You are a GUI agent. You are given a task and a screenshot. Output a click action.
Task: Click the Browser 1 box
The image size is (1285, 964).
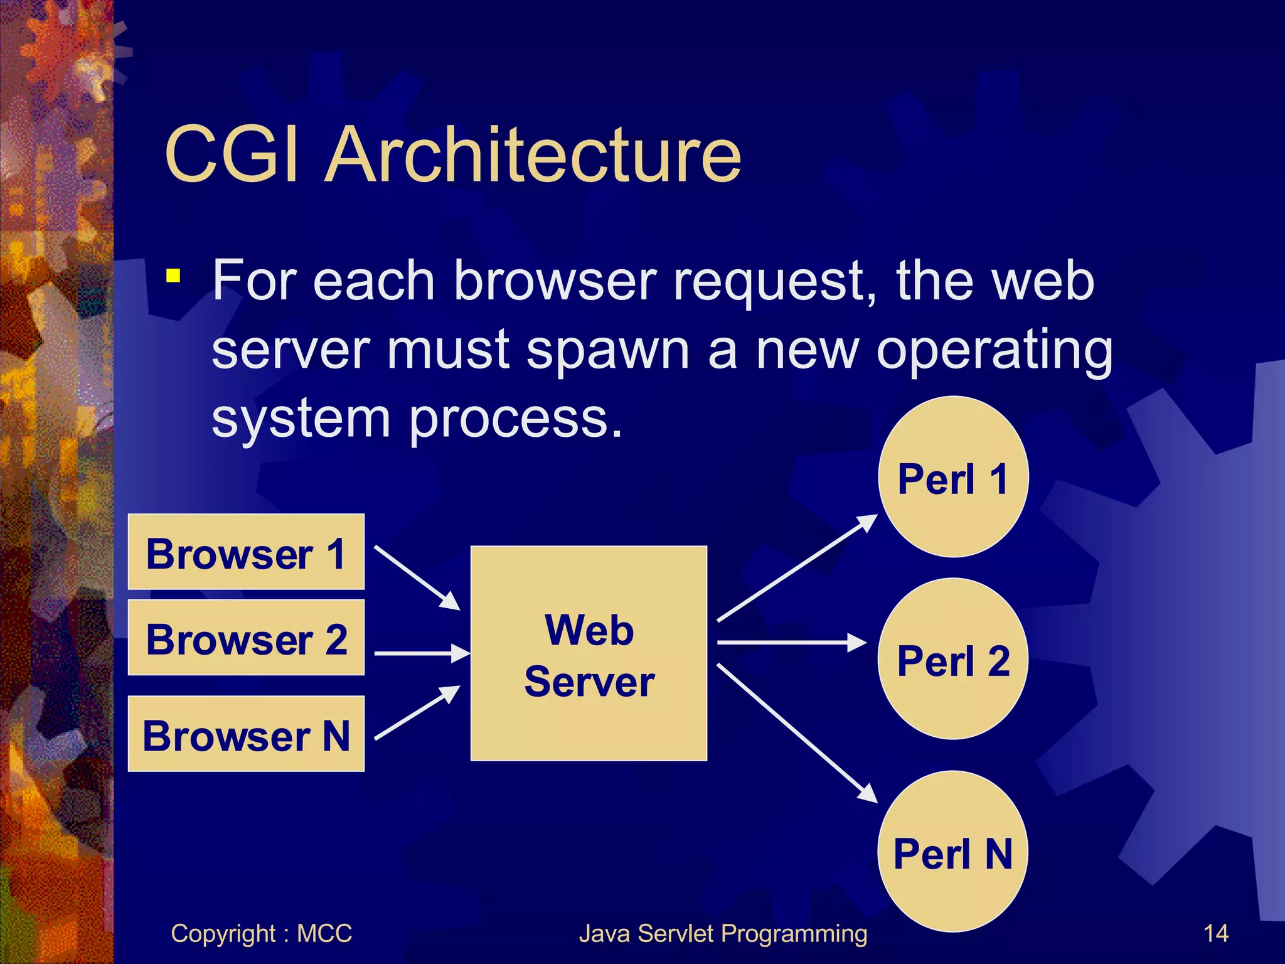(246, 552)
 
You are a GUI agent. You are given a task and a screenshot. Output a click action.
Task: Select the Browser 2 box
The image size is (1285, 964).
(246, 638)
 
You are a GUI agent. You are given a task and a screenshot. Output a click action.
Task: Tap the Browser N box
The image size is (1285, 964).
(246, 734)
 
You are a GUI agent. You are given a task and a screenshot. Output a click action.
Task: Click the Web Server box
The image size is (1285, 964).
(589, 653)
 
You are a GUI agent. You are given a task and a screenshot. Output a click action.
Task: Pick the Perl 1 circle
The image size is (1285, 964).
(952, 477)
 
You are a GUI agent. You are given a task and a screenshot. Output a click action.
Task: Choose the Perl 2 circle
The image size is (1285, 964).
(952, 659)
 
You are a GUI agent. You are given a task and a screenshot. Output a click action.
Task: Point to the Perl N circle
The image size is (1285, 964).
(952, 852)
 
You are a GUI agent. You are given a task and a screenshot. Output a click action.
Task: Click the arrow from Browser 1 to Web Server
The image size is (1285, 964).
(417, 577)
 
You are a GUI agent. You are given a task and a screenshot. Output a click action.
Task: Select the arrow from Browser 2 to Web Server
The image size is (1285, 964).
(422, 653)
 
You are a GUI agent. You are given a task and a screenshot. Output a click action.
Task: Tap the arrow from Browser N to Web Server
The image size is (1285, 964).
(417, 712)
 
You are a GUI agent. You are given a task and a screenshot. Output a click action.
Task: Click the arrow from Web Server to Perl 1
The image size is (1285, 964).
(797, 568)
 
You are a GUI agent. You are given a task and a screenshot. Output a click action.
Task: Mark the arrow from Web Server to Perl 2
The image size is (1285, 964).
(791, 643)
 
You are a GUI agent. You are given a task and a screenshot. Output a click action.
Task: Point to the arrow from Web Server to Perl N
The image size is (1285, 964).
(797, 732)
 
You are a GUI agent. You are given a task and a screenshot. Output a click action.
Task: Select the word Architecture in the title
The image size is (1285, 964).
(533, 154)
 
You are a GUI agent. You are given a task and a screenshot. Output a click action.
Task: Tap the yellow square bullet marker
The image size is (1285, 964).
(174, 276)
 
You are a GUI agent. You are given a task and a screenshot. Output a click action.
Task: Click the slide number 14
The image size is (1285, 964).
(1215, 933)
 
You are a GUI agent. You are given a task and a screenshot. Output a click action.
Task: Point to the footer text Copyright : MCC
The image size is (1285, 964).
(261, 933)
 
